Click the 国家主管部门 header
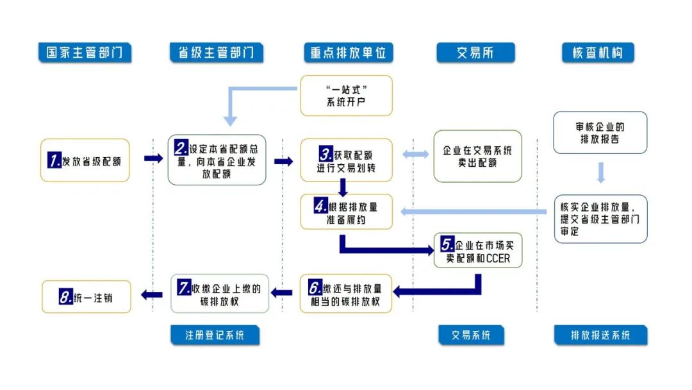click(85, 53)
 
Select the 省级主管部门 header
click(217, 53)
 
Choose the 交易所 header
click(475, 53)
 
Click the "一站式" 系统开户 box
click(346, 96)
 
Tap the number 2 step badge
click(181, 148)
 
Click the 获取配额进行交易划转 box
click(346, 160)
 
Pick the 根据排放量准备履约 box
click(346, 212)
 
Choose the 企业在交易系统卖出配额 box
click(477, 157)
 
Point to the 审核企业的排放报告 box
click(600, 133)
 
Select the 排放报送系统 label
click(600, 335)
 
